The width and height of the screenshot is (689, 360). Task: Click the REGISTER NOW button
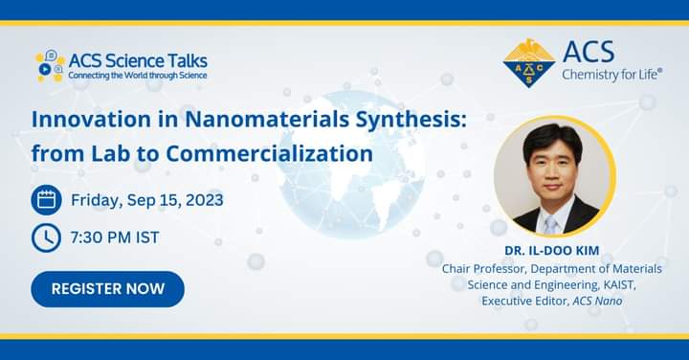pos(107,288)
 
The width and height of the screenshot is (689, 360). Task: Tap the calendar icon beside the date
pos(46,200)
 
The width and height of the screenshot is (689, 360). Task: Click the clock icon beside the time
pos(46,237)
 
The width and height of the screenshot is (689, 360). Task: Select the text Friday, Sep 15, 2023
pos(147,200)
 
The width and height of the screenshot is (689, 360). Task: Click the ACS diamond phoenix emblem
pos(528,62)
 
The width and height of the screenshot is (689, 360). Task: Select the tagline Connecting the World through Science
pos(138,75)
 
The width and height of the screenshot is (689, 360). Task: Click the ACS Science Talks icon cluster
pos(50,66)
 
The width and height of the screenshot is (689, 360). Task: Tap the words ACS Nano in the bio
pos(595,301)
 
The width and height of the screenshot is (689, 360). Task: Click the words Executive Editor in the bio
pos(524,301)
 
